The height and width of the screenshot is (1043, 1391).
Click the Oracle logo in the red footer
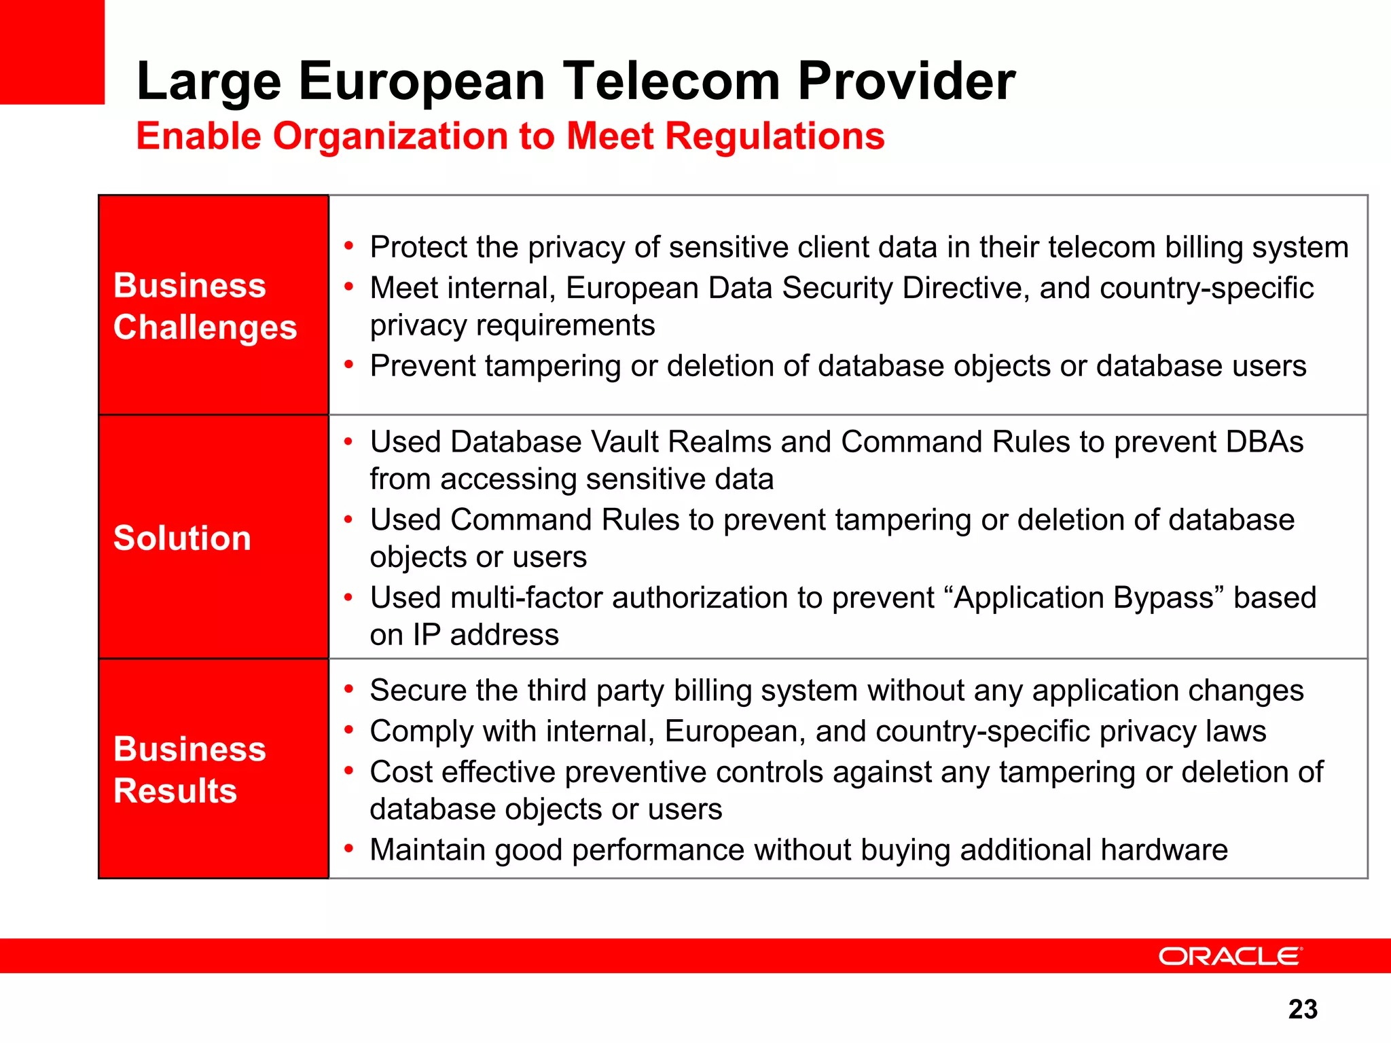click(1230, 956)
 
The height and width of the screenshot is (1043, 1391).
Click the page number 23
click(1302, 1009)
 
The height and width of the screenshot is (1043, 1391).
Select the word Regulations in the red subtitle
click(774, 136)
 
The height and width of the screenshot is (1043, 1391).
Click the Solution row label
click(182, 538)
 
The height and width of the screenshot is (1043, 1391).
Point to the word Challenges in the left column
click(205, 327)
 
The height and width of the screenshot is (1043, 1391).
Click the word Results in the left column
click(175, 791)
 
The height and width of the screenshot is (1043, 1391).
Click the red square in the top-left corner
click(52, 52)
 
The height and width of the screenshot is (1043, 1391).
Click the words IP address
click(485, 636)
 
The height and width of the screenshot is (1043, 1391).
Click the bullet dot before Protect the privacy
click(349, 246)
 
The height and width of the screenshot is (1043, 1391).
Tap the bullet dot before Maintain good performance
click(349, 848)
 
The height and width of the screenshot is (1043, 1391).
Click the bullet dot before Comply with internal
click(349, 730)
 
